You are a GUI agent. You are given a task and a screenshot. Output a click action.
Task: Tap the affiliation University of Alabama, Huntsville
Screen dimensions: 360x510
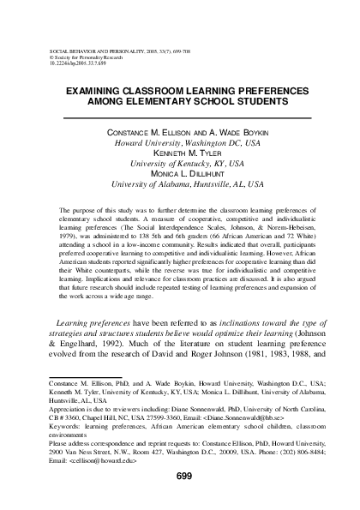pyautogui.click(x=181, y=183)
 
